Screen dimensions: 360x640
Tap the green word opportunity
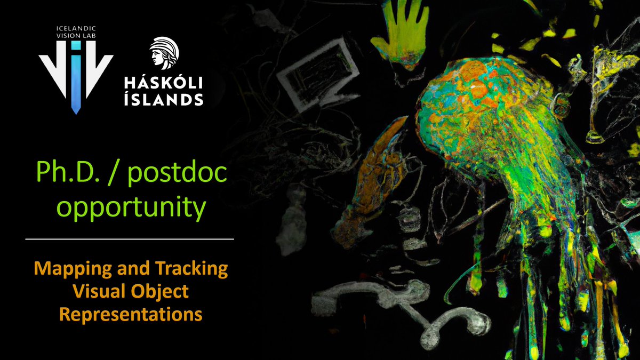(x=131, y=208)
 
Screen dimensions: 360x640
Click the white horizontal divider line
(x=130, y=239)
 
